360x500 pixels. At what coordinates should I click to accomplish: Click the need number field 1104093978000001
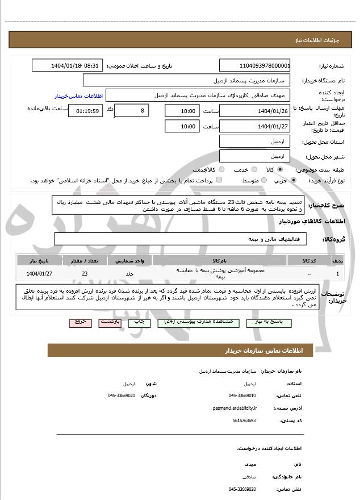pyautogui.click(x=255, y=66)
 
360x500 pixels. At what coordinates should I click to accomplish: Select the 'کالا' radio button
pyautogui.click(x=280, y=169)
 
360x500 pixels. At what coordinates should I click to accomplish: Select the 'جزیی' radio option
pyautogui.click(x=294, y=180)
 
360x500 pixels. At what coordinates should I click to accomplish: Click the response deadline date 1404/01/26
pyautogui.click(x=255, y=110)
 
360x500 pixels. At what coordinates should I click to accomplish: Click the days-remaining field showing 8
pyautogui.click(x=132, y=110)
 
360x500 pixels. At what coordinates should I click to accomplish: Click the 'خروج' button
pyautogui.click(x=80, y=322)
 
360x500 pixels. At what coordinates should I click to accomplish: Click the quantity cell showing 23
pyautogui.click(x=85, y=273)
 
